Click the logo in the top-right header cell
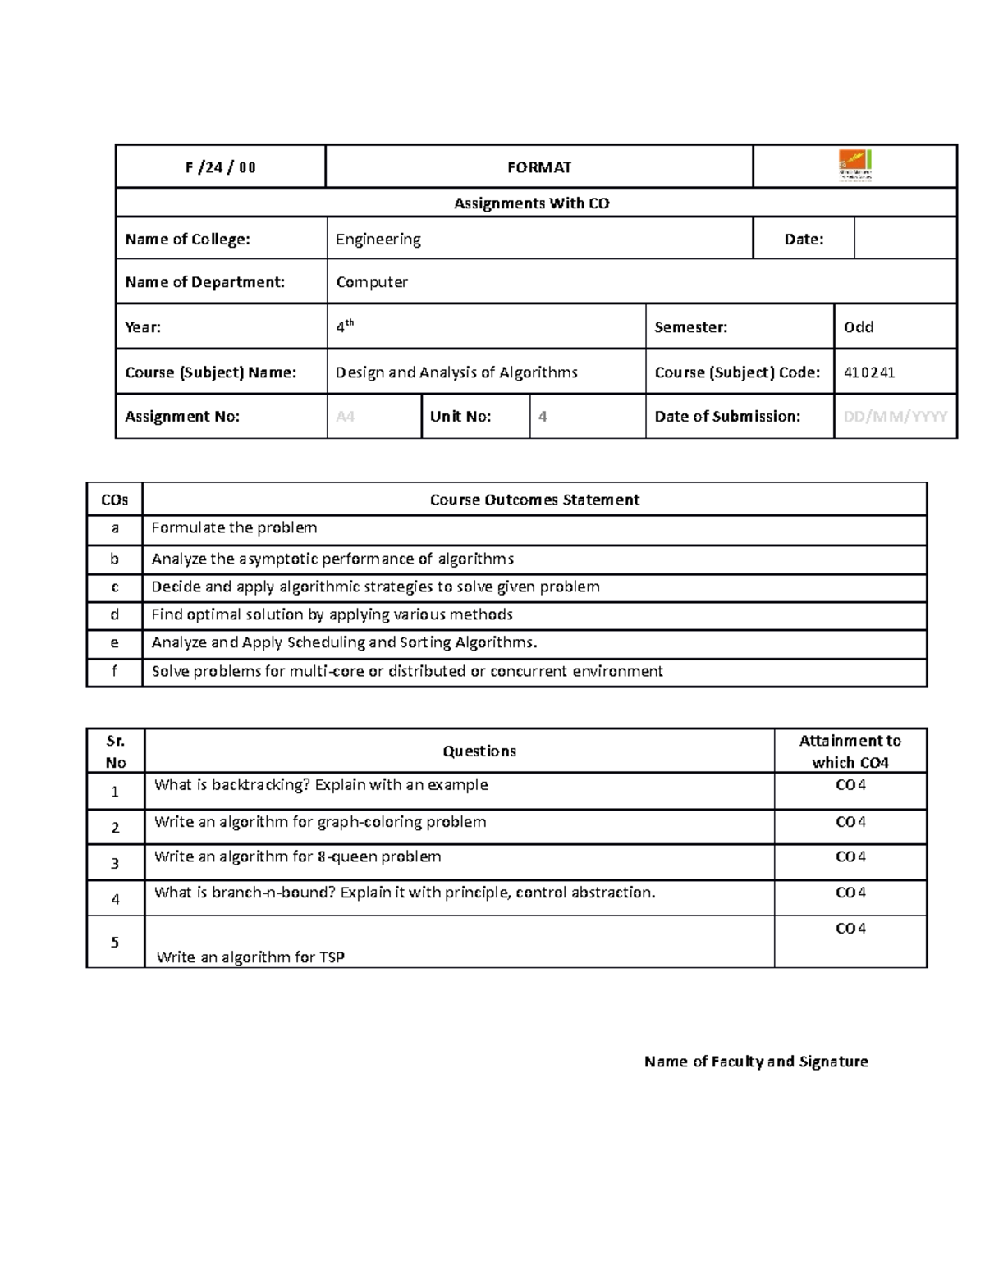(x=854, y=166)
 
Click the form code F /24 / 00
(x=220, y=167)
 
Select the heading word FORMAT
(x=538, y=167)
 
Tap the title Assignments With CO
(x=531, y=203)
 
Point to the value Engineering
(x=378, y=239)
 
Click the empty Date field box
(x=905, y=239)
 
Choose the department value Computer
(x=371, y=282)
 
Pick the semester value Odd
(x=858, y=327)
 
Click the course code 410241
(x=868, y=372)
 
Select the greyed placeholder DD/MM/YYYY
(x=895, y=417)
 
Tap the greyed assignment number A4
(x=345, y=417)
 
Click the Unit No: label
(x=460, y=417)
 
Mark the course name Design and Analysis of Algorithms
(x=456, y=372)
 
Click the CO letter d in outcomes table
(x=114, y=614)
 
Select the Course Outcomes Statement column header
(x=534, y=500)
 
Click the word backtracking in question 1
(x=260, y=785)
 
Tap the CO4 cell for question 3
(x=850, y=857)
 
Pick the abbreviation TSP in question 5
(x=332, y=957)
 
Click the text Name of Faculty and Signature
(x=755, y=1062)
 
